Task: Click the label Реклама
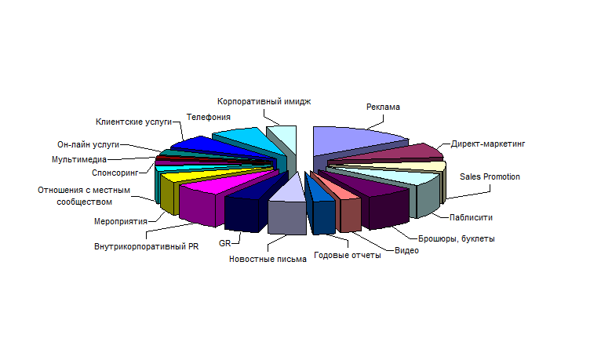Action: [383, 107]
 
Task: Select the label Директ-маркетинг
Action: [487, 144]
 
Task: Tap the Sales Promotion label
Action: [490, 177]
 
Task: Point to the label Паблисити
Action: [471, 217]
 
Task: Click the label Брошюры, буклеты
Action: [456, 239]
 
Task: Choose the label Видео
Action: [406, 251]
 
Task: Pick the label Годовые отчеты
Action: [348, 256]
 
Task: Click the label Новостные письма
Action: [268, 260]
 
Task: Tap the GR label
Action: [224, 244]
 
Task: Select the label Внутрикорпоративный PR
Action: [147, 246]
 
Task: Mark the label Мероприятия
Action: [121, 221]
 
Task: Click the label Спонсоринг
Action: [115, 173]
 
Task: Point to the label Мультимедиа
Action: [79, 160]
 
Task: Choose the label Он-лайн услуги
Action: [88, 145]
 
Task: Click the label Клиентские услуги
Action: [133, 122]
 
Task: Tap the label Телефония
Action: [209, 117]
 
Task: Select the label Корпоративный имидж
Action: [264, 101]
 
